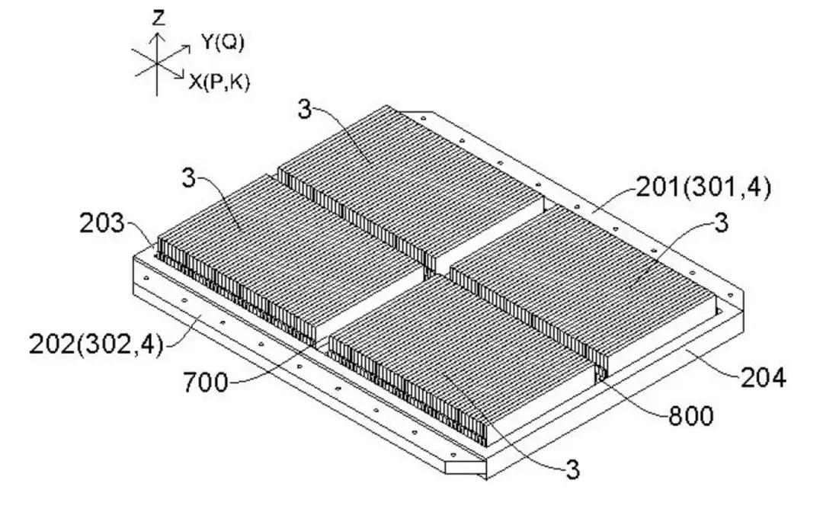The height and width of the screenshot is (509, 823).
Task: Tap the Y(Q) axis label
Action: pos(223,44)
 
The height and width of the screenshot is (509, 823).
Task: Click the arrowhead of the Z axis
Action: pos(157,35)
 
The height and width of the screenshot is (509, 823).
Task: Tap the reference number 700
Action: pos(207,380)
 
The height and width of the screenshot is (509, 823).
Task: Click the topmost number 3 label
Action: pos(303,110)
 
